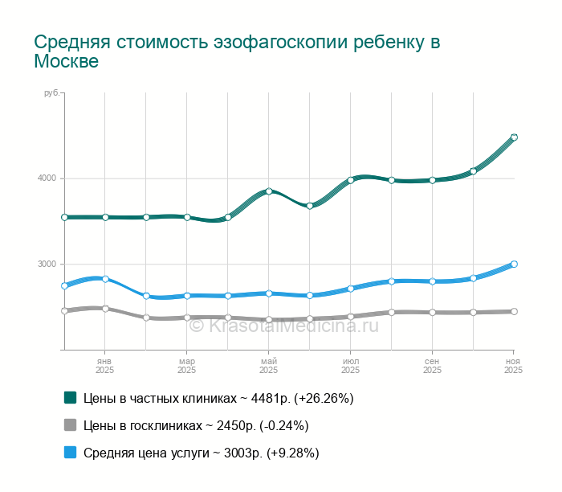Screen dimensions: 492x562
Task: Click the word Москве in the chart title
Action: coord(67,62)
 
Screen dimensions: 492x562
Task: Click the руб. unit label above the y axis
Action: coord(51,94)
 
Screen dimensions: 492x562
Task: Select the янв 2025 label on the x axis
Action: coord(104,366)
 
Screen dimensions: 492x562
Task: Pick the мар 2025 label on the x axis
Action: coord(186,366)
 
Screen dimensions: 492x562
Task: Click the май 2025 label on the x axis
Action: coord(269,366)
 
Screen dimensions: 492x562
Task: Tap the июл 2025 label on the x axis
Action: coord(350,366)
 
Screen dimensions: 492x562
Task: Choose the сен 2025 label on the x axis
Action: coord(432,366)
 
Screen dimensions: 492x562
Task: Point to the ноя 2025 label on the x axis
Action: coord(513,366)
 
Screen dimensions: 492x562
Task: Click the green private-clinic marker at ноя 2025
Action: coord(514,137)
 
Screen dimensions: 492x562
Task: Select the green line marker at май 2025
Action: coord(269,191)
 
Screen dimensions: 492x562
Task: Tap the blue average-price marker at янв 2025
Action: coord(105,279)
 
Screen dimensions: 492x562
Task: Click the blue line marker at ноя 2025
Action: coord(514,264)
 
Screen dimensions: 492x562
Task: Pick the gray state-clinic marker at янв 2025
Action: coord(105,308)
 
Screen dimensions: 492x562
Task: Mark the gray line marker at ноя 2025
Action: coord(514,311)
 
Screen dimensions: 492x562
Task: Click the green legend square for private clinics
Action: coord(70,397)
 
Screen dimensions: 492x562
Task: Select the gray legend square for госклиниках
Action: coord(70,425)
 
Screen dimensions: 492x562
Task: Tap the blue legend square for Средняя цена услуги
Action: coord(70,453)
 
